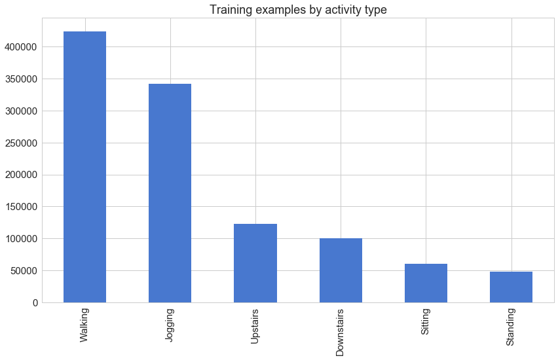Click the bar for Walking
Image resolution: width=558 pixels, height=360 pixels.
coord(84,167)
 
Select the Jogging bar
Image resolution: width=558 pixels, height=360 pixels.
coord(170,193)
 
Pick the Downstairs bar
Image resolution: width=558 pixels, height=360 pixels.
coord(341,270)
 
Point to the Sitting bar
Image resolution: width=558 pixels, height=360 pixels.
coord(426,283)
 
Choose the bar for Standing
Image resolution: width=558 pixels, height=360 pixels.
coord(511,287)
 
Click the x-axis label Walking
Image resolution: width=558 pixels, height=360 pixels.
coord(84,325)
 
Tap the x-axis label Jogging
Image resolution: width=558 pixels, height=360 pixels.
coord(170,326)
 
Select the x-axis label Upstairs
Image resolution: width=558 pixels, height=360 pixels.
coord(255,327)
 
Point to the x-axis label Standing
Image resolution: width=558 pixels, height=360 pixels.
coord(511,327)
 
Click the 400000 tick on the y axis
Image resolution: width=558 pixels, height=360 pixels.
coord(19,47)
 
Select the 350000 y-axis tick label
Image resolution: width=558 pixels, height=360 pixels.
coord(19,79)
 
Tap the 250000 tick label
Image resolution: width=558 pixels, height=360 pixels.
coord(19,143)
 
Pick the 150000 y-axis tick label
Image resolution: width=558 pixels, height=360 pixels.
coord(19,207)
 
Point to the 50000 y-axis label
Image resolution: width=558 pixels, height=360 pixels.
coord(22,271)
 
